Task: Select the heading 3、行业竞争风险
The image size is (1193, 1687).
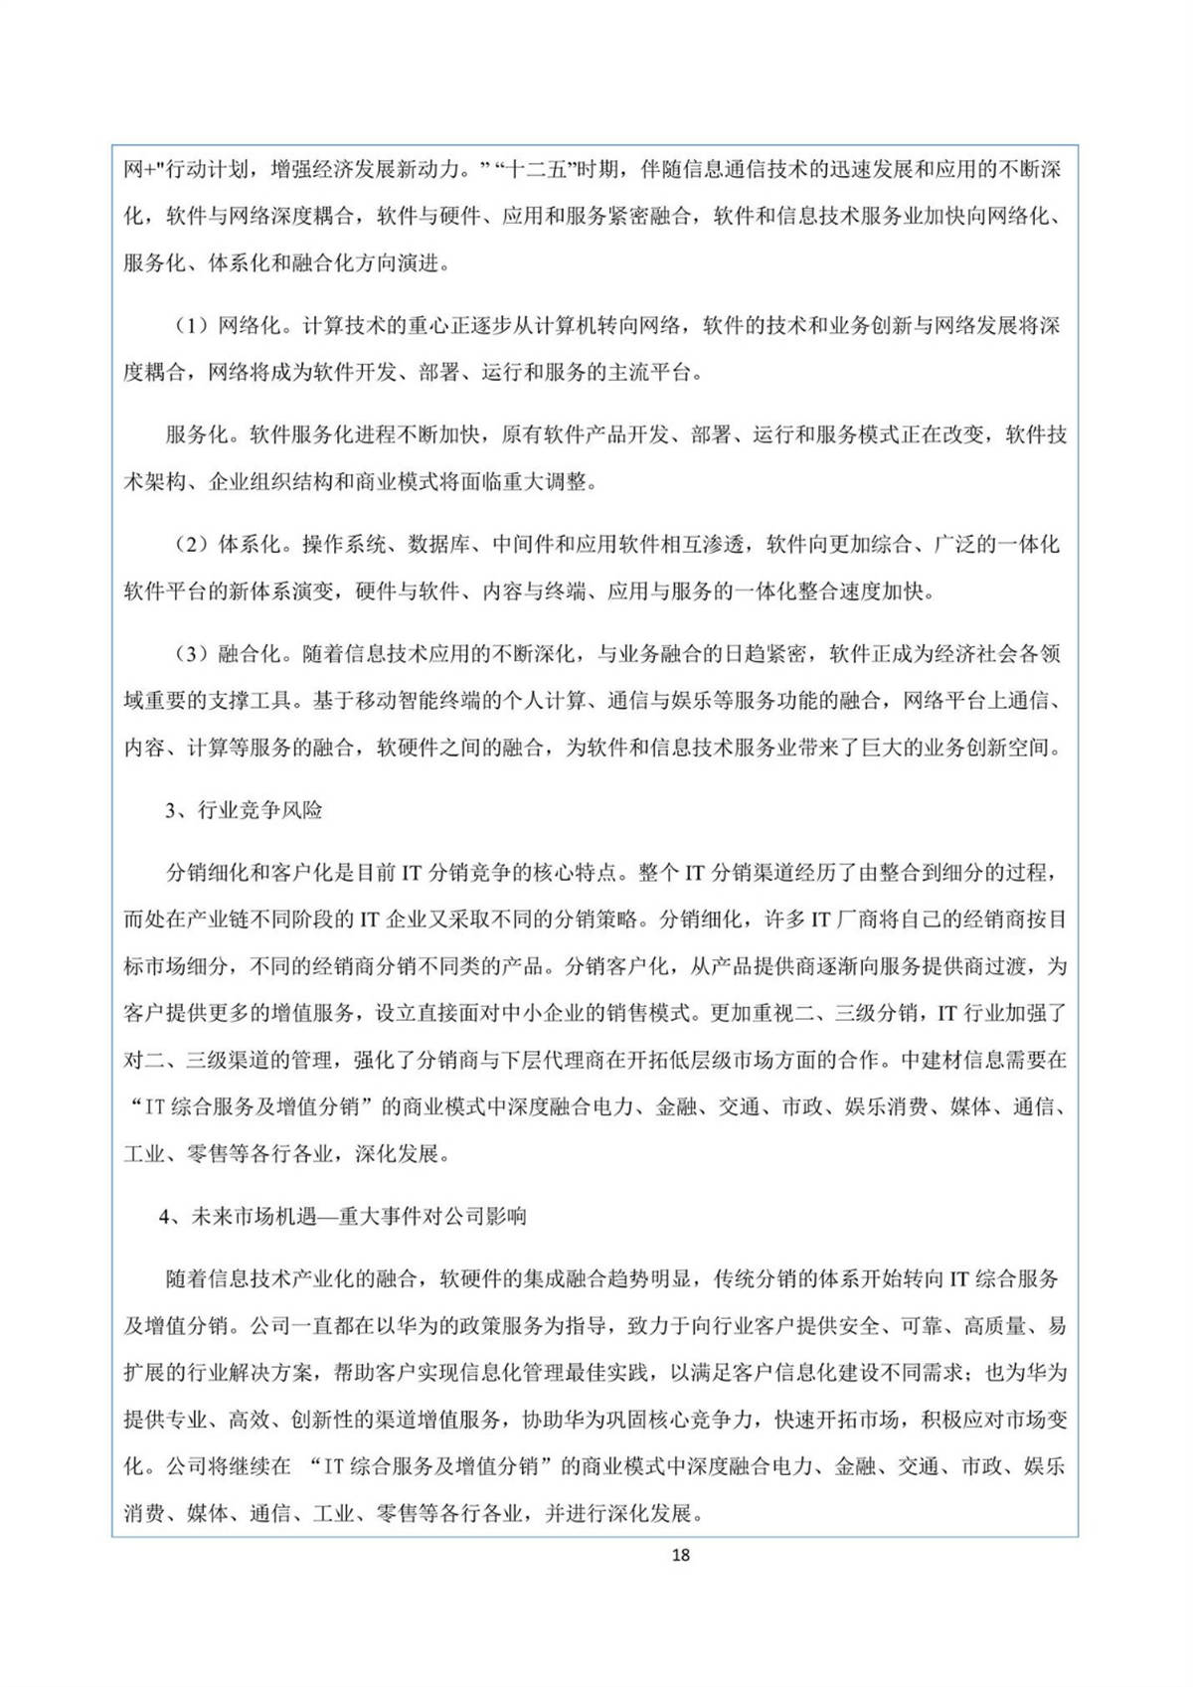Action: (x=244, y=810)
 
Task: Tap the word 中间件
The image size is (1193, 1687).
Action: (x=523, y=545)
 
